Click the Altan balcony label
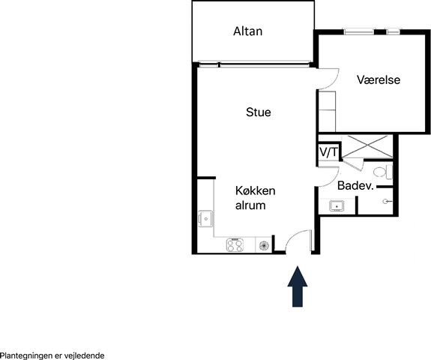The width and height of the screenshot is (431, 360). (x=247, y=31)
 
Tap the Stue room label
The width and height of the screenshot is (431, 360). (x=259, y=112)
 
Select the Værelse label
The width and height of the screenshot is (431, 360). (x=379, y=79)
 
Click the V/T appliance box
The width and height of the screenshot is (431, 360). (x=329, y=152)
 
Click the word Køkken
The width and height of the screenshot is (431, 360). (x=256, y=190)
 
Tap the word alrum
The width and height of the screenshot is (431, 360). (x=250, y=205)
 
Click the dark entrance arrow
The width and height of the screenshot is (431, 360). (x=298, y=286)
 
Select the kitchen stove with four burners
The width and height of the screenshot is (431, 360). (x=235, y=244)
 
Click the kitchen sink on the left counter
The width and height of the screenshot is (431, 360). (x=205, y=219)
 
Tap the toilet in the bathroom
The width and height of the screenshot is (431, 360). (x=383, y=172)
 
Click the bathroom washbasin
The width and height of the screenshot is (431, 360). (x=337, y=205)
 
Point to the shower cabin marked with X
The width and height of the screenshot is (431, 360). (x=367, y=147)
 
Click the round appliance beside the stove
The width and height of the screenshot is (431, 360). (x=264, y=245)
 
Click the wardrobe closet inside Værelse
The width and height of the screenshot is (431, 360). (x=327, y=111)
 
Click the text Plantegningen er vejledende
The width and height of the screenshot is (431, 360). (x=52, y=355)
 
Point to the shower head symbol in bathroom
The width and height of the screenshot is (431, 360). (x=387, y=202)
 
